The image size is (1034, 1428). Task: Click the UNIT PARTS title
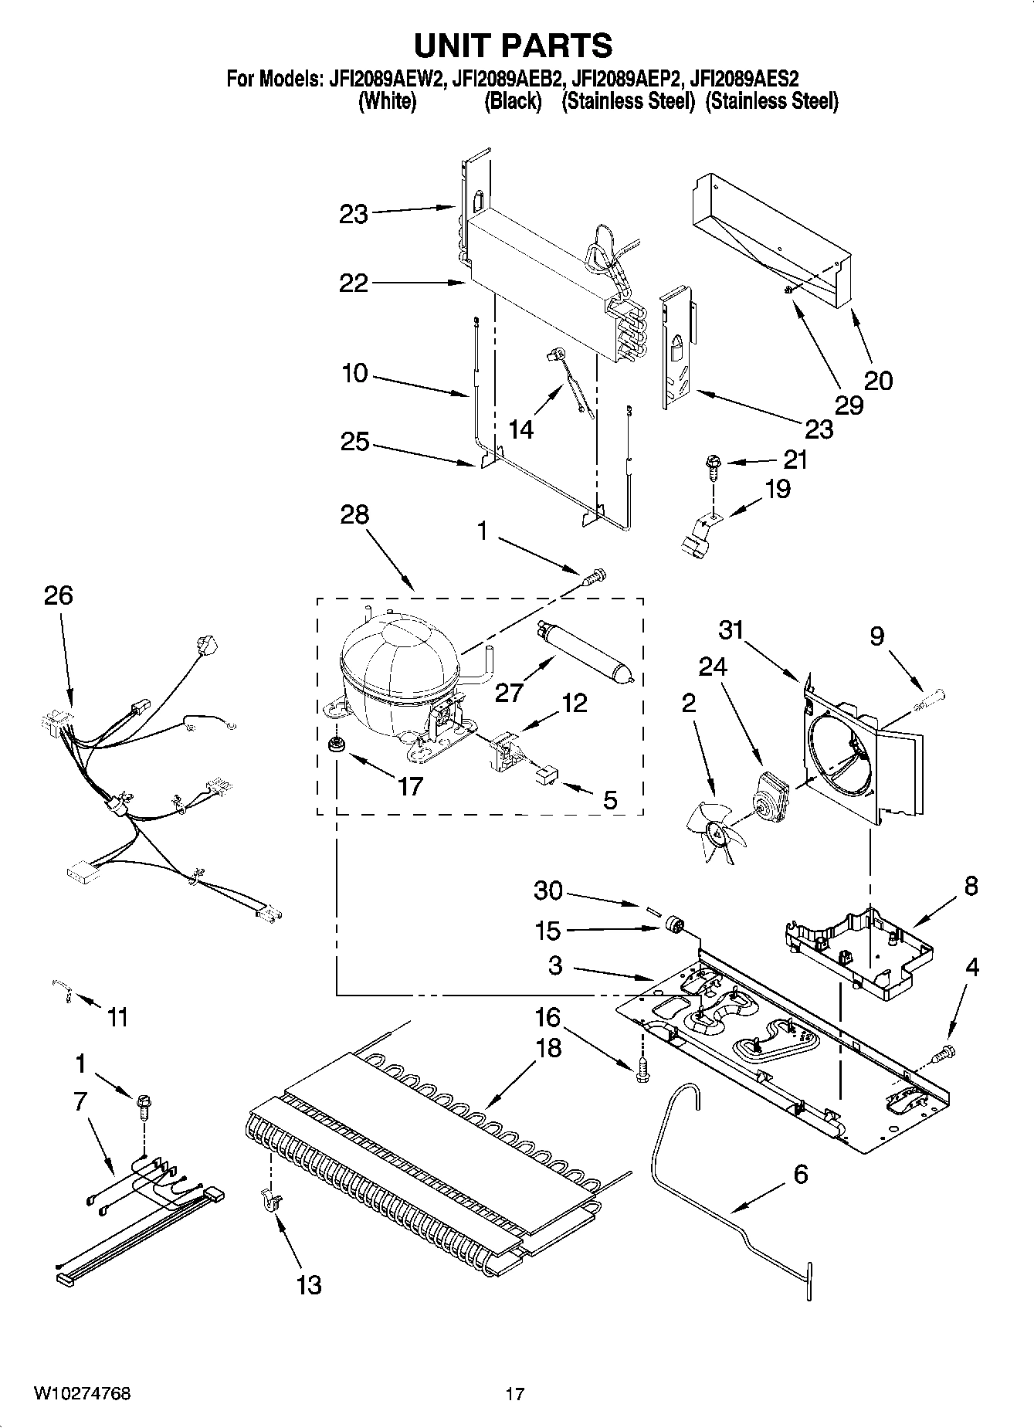(x=513, y=46)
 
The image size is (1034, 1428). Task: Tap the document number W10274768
(x=82, y=1393)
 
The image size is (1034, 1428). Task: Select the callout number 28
(x=354, y=514)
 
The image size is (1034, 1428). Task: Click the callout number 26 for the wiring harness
(x=58, y=595)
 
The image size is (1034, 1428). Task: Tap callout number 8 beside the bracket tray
(x=971, y=886)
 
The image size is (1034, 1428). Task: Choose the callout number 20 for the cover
(x=878, y=380)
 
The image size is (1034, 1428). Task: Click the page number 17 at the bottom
(x=515, y=1394)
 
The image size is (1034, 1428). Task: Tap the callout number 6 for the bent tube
(x=800, y=1175)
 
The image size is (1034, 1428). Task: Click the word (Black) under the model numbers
(x=512, y=102)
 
